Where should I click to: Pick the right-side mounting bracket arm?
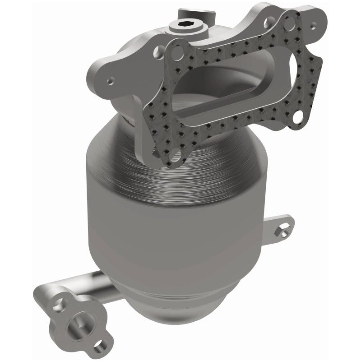click(x=271, y=226)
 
